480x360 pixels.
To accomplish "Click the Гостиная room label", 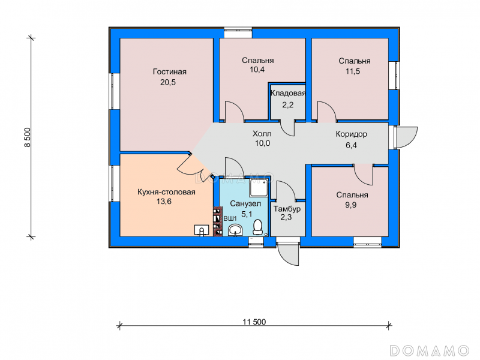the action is click(170, 71).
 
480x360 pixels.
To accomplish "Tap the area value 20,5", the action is click(168, 82).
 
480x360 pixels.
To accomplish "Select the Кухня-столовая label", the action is click(166, 192).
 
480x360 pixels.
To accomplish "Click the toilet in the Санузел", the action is click(258, 227).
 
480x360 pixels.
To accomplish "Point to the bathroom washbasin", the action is click(235, 229).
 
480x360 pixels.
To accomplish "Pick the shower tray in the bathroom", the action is click(259, 188).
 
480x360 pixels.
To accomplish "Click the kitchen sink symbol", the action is click(202, 230).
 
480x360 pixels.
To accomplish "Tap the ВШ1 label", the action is click(230, 218).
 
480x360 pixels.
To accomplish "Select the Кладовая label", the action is click(288, 93).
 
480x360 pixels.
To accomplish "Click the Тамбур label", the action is click(287, 209).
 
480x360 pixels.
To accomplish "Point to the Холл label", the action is click(262, 134).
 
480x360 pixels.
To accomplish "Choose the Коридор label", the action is click(352, 134).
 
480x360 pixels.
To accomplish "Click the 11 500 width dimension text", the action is click(254, 322).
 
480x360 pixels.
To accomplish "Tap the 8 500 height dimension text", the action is click(28, 137).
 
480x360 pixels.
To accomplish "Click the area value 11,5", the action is click(353, 71).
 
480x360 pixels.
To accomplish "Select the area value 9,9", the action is click(351, 205).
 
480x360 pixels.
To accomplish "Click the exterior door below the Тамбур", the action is click(288, 253).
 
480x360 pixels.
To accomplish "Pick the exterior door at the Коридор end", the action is click(406, 137).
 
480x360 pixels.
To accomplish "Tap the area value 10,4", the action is click(257, 70).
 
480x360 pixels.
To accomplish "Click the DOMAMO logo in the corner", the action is click(430, 350).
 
